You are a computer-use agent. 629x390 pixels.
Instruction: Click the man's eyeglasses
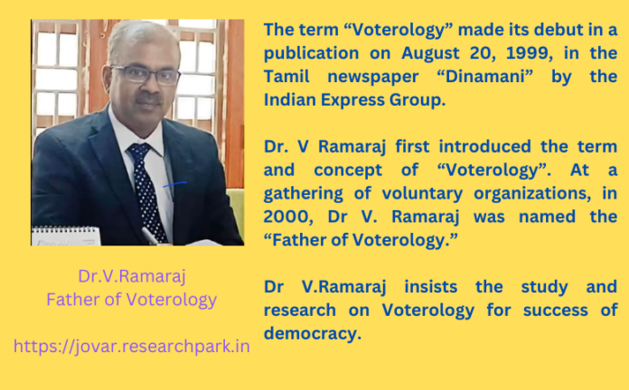point(146,75)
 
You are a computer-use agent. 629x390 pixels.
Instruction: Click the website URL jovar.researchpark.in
point(132,345)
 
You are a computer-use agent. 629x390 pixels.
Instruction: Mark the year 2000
point(286,218)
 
